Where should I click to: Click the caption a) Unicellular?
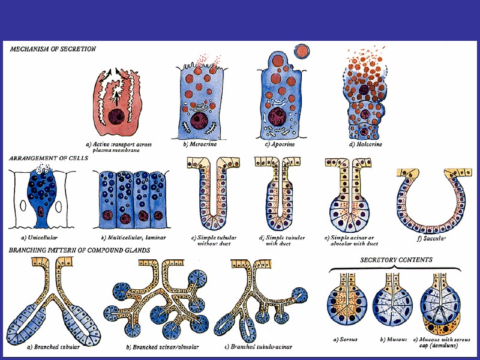(37, 238)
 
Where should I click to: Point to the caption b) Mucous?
(393, 339)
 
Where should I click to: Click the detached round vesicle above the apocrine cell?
(304, 50)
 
